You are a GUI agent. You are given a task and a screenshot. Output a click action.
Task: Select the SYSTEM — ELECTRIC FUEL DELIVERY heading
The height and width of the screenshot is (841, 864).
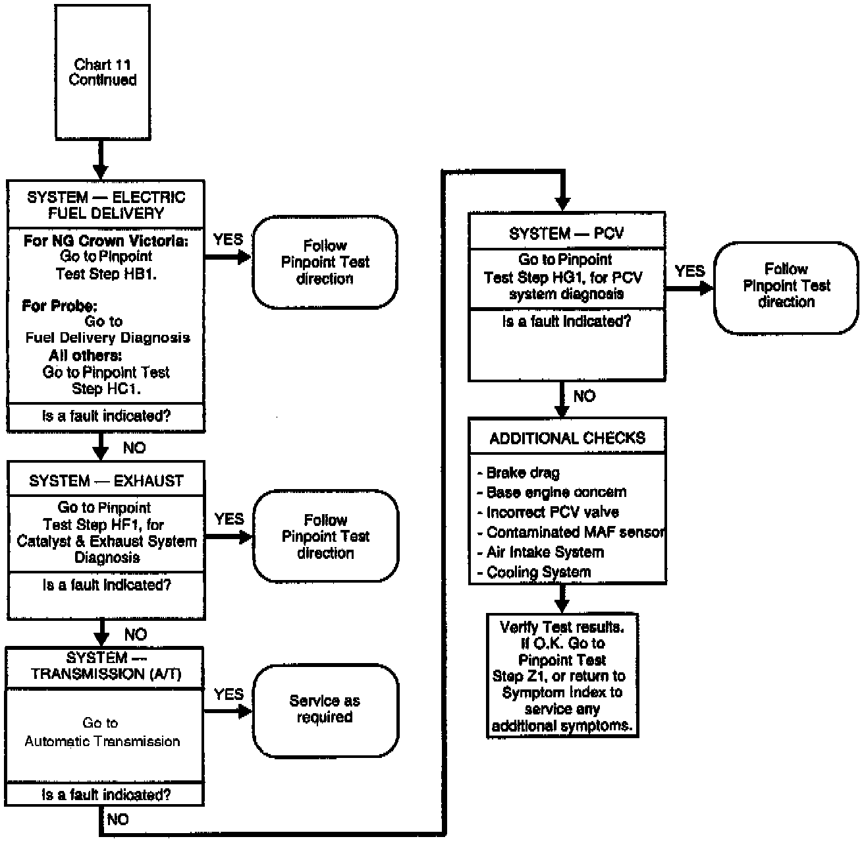pos(106,205)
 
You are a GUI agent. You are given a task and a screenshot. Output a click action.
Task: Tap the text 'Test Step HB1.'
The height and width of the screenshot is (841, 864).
pos(106,274)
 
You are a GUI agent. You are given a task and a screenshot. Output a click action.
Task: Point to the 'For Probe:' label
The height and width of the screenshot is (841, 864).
pos(59,306)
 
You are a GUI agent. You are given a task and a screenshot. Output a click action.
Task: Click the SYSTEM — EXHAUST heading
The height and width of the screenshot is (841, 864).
pos(106,481)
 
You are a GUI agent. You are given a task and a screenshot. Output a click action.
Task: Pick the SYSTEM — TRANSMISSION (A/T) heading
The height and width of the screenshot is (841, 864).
pos(106,666)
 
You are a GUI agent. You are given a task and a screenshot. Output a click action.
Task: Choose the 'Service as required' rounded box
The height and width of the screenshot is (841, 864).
pos(325,709)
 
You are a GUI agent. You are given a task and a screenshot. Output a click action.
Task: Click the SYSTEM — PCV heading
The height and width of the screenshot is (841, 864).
pos(566,233)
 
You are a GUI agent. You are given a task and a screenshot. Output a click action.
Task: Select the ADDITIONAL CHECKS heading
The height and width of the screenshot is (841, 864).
pos(567,438)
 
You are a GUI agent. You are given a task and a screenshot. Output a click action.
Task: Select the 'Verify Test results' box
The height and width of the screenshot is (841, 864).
pos(562,676)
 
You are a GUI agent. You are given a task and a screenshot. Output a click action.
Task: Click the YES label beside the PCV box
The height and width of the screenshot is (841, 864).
pos(689,271)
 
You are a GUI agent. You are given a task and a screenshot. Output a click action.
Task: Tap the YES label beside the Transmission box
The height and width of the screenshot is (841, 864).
pos(229,694)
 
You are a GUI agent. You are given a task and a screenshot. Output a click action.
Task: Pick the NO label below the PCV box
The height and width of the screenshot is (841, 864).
pos(584,396)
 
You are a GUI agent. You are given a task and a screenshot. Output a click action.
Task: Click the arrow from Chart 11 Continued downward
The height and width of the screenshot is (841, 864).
pos(100,159)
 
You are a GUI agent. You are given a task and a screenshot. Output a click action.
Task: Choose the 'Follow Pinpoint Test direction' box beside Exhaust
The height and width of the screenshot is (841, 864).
pos(325,536)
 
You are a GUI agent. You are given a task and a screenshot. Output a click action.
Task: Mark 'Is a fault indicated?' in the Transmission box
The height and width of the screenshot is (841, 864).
pos(106,795)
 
